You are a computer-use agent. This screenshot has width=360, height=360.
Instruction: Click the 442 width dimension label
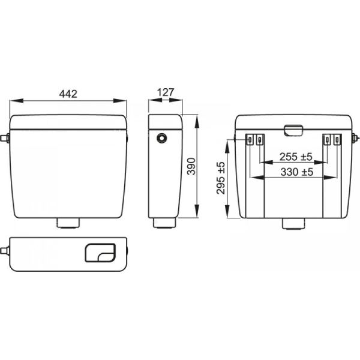[x=68, y=94]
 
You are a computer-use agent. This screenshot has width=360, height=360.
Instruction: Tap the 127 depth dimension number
[x=166, y=92]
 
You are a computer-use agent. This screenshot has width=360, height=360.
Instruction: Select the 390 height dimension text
[x=191, y=166]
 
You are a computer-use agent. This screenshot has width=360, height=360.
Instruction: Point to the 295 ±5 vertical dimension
[x=221, y=178]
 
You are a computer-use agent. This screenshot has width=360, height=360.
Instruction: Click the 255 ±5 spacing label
[x=296, y=157]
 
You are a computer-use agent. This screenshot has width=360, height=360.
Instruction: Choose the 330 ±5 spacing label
[x=297, y=172]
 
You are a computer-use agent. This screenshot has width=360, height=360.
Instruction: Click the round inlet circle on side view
[x=161, y=138]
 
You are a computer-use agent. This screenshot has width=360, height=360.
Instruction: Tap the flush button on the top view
[x=100, y=253]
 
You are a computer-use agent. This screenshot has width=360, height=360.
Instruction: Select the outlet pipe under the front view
[x=68, y=223]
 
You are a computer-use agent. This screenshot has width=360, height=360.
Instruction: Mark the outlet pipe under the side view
[x=164, y=223]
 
